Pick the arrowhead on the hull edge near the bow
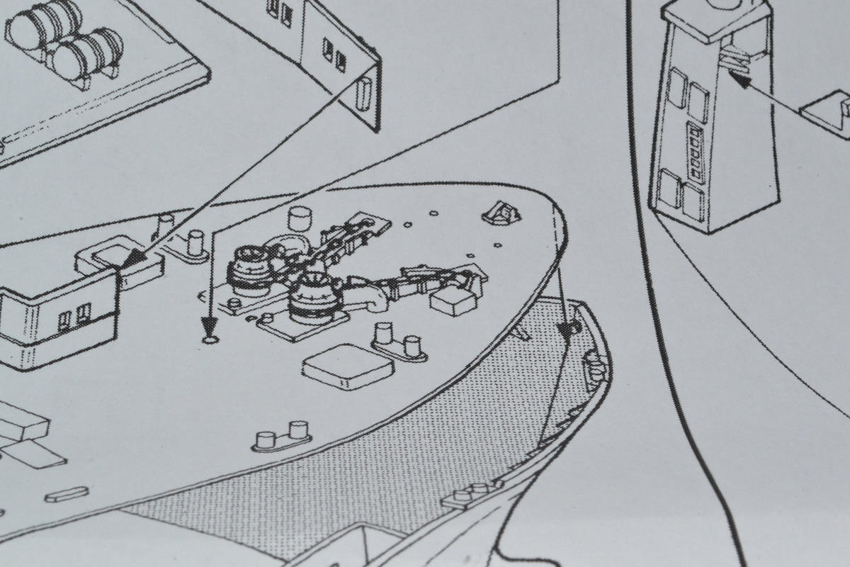(x=567, y=329)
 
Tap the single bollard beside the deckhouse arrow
(x=192, y=243)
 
